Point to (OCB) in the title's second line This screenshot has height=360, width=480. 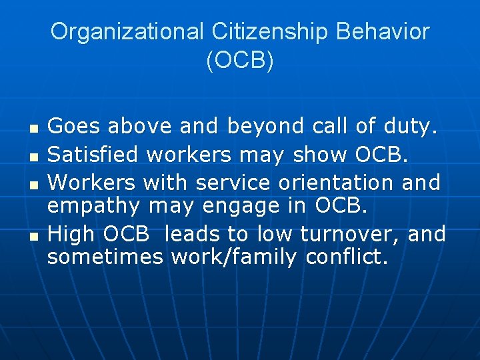(240, 61)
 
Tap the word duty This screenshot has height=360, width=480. (412, 125)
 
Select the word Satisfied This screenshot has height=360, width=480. (93, 154)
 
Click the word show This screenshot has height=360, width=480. (320, 154)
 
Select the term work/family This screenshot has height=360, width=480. (233, 258)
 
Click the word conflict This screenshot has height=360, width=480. (347, 258)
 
